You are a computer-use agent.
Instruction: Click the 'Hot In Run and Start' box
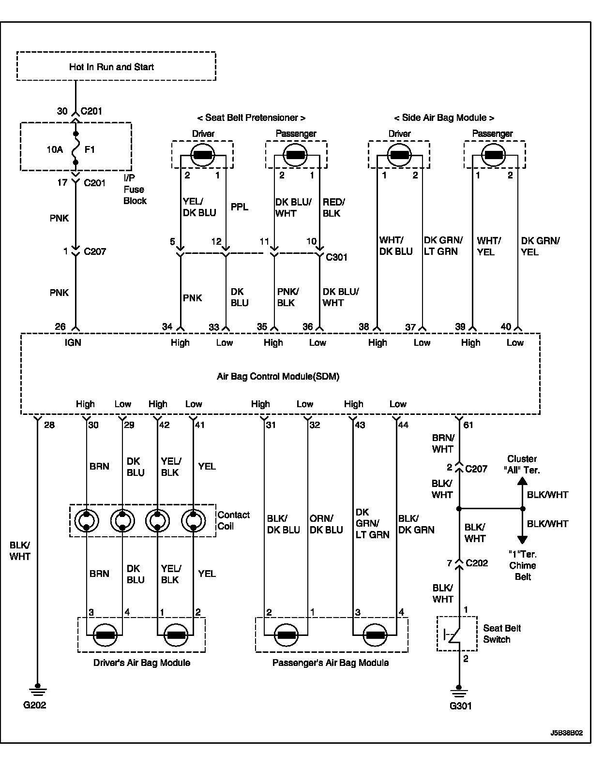[x=116, y=66]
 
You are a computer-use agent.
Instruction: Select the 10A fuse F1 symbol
[x=75, y=149]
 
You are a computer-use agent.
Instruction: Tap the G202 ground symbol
[x=37, y=689]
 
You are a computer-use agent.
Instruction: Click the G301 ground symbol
[x=459, y=689]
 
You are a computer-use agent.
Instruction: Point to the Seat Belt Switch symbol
[x=457, y=633]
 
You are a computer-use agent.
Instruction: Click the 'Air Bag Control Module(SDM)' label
[x=278, y=376]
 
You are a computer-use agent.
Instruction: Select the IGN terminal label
[x=73, y=342]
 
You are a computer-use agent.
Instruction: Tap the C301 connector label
[x=336, y=257]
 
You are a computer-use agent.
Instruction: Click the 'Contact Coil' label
[x=233, y=520]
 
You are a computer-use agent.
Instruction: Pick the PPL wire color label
[x=239, y=207]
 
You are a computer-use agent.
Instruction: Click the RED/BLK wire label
[x=333, y=207]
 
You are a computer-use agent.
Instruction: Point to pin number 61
[x=468, y=425]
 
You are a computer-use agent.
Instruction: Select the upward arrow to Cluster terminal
[x=522, y=482]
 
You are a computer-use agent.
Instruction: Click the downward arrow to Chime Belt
[x=522, y=539]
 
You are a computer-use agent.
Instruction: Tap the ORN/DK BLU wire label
[x=326, y=524]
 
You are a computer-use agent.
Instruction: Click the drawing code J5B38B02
[x=566, y=733]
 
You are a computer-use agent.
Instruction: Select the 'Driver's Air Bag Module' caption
[x=141, y=663]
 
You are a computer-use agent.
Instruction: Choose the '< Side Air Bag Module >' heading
[x=444, y=118]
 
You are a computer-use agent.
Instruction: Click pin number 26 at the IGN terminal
[x=60, y=327]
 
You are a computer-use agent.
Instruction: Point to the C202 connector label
[x=477, y=563]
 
